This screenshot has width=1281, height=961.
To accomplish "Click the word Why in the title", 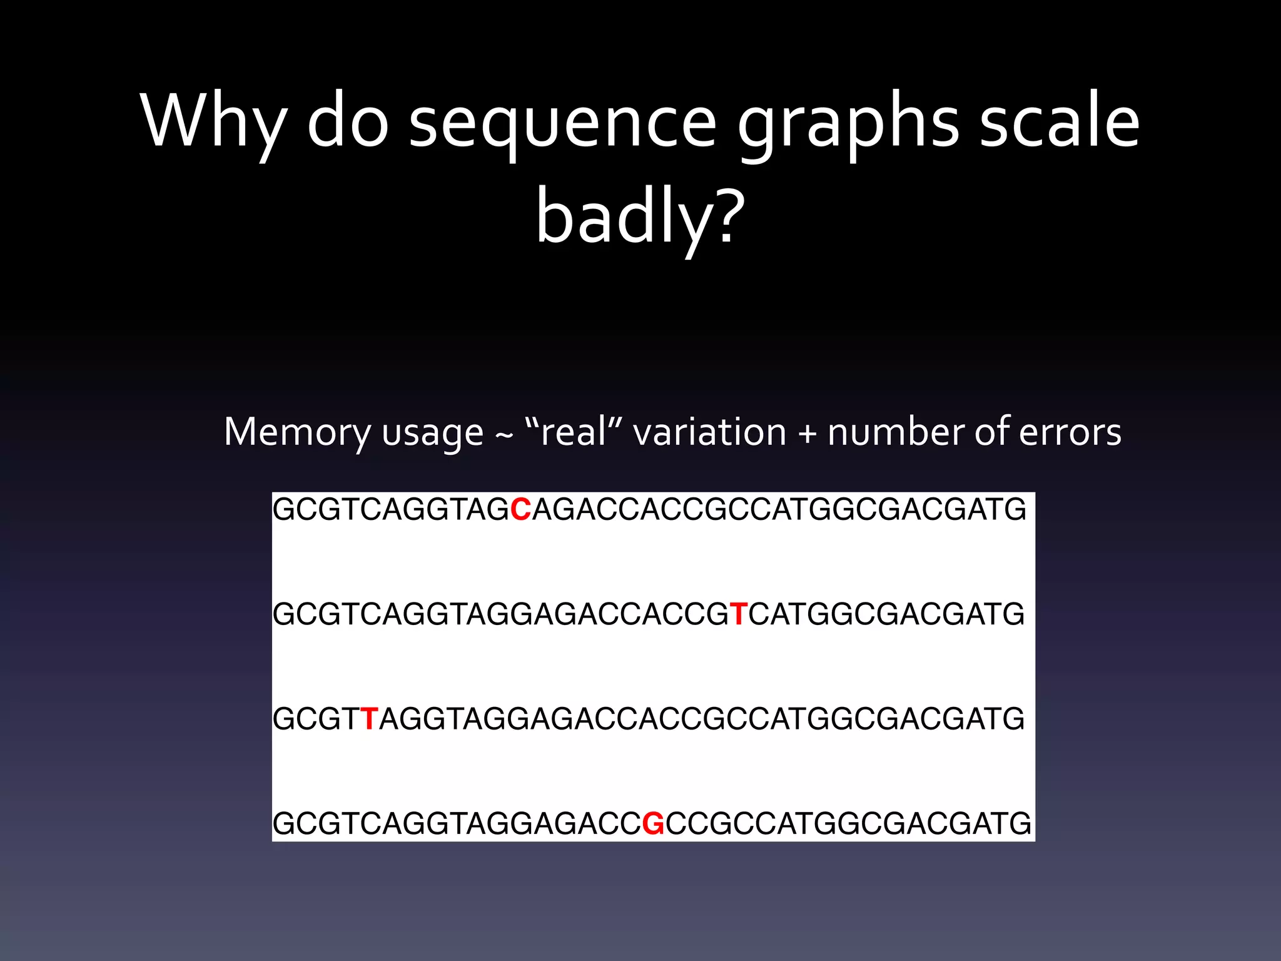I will (213, 122).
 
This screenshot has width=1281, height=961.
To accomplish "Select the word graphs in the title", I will (848, 125).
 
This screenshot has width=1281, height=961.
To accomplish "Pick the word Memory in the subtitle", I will (297, 433).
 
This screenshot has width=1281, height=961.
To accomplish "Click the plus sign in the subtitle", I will (807, 434).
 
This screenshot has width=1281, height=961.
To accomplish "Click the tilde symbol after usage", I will (504, 435).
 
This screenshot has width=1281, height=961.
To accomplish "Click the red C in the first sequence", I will (520, 510).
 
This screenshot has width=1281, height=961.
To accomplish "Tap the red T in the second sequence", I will (738, 614).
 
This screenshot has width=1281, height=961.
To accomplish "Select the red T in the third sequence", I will (368, 719).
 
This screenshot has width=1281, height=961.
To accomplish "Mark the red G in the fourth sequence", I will (653, 823).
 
